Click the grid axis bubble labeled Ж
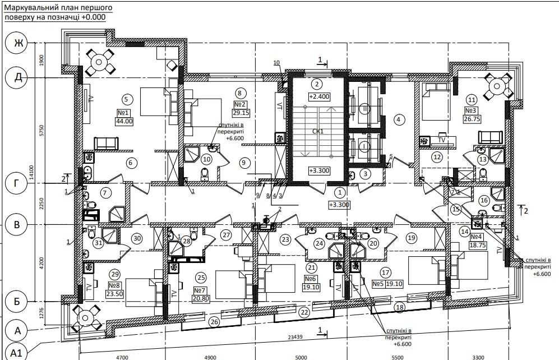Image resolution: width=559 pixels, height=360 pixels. (x=17, y=44)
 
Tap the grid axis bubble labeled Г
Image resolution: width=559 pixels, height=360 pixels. (x=17, y=183)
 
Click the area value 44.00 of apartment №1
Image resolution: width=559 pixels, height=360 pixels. (x=124, y=121)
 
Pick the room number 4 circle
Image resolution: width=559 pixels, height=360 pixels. (x=399, y=119)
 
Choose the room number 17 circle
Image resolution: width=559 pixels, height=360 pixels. (x=385, y=273)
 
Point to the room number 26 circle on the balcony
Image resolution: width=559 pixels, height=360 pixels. (x=214, y=321)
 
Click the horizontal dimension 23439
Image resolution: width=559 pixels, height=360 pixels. (x=295, y=337)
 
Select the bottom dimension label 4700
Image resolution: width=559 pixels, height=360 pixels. (x=122, y=356)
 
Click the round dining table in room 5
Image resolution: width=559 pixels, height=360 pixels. (x=102, y=61)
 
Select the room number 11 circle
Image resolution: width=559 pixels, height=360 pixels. (x=472, y=99)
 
